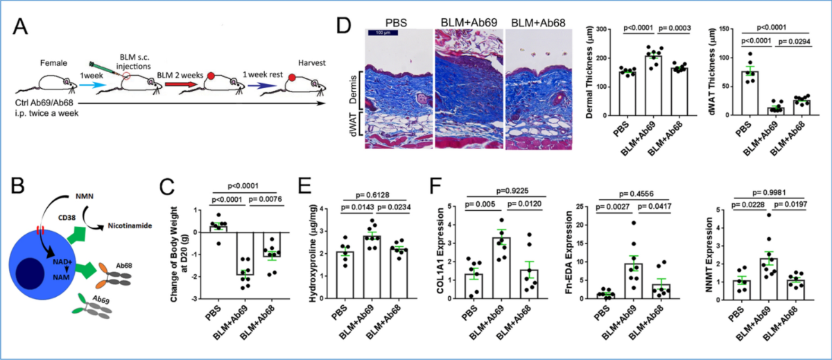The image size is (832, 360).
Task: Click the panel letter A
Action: pyautogui.click(x=20, y=26)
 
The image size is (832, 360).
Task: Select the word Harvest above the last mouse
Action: pyautogui.click(x=311, y=63)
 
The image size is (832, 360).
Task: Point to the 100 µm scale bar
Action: pyautogui.click(x=383, y=33)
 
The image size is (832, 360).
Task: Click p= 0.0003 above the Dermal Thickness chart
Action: pyautogui.click(x=675, y=28)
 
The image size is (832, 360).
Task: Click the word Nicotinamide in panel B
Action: pyautogui.click(x=130, y=225)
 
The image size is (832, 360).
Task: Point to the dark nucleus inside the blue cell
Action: pyautogui.click(x=31, y=273)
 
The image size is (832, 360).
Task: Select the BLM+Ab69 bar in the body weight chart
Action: pyautogui.click(x=245, y=253)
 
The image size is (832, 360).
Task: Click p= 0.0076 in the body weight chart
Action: pyautogui.click(x=265, y=200)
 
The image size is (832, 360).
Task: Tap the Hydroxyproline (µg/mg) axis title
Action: pyautogui.click(x=314, y=252)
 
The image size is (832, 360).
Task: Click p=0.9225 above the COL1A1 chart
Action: pyautogui.click(x=512, y=191)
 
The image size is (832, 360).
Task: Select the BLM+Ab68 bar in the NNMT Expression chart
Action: pyautogui.click(x=796, y=290)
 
